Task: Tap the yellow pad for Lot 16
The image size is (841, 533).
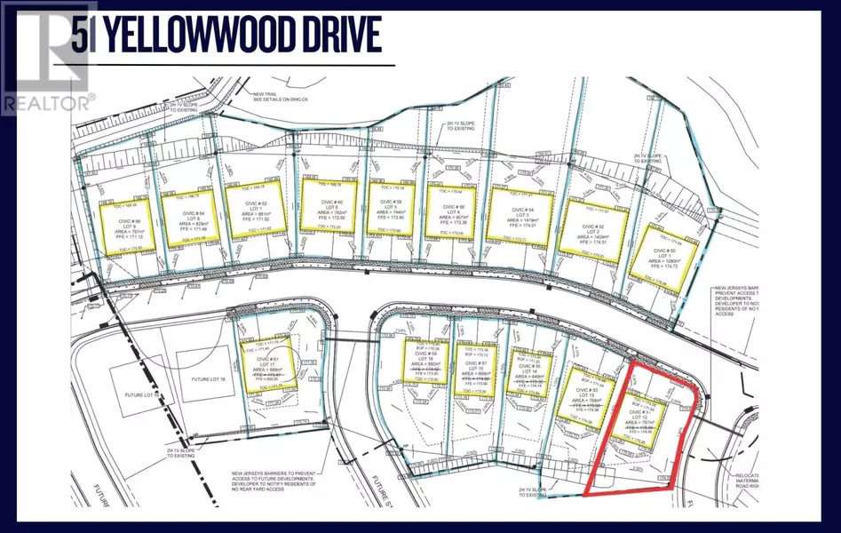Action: (423, 367)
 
